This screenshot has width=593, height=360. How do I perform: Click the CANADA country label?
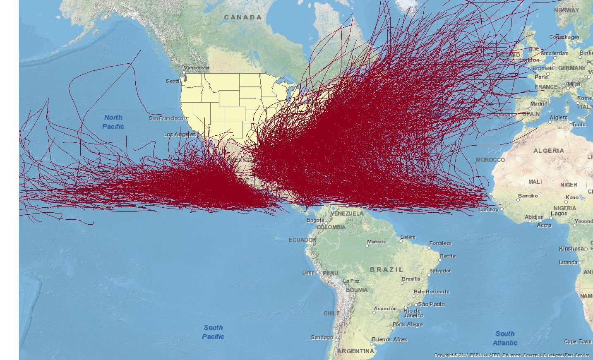(243, 17)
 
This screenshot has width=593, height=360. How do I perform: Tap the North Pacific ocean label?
(113, 122)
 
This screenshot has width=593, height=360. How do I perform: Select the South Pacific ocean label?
(213, 332)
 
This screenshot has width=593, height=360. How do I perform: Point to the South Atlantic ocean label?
(505, 338)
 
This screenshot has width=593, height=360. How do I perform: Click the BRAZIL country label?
(387, 269)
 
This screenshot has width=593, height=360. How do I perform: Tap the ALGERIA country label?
(548, 151)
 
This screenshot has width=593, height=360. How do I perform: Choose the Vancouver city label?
(197, 68)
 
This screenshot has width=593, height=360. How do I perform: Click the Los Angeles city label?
(180, 134)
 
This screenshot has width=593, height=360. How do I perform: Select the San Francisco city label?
(166, 118)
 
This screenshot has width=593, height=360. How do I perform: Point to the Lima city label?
(308, 273)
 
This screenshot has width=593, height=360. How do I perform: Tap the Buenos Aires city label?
(389, 339)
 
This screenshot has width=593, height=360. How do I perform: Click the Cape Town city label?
(578, 341)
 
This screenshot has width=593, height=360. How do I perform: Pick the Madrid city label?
(539, 104)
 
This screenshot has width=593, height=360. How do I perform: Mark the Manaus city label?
(376, 242)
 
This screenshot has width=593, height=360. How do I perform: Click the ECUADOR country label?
(303, 240)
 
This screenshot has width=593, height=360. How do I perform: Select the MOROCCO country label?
(490, 160)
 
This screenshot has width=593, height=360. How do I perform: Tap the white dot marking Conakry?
(502, 209)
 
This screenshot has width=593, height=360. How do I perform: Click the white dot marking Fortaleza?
(429, 248)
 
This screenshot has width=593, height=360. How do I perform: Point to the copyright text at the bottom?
(512, 355)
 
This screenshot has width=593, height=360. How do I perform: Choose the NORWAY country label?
(567, 10)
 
